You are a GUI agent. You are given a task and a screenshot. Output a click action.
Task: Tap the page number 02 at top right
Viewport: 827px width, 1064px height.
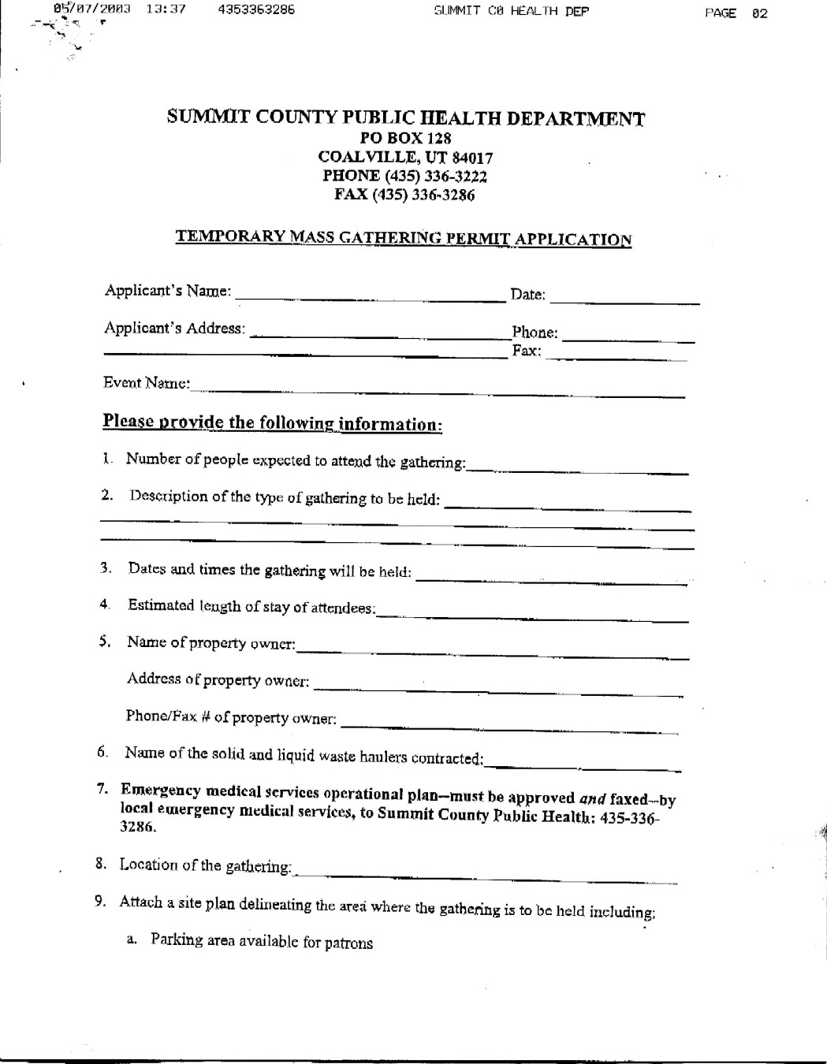click(759, 13)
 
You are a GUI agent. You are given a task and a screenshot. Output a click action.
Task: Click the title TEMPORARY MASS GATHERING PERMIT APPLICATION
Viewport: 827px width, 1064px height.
click(403, 238)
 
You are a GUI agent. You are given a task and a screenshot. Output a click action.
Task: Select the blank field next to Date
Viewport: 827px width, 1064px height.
click(624, 299)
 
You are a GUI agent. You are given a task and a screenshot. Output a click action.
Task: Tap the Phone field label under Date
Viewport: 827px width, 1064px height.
click(535, 333)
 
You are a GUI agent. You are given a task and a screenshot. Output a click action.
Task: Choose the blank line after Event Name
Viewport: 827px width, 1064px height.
click(438, 389)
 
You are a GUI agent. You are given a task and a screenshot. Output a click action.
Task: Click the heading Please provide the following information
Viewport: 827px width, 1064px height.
click(272, 423)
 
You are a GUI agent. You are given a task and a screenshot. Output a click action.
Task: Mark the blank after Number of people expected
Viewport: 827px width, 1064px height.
click(577, 470)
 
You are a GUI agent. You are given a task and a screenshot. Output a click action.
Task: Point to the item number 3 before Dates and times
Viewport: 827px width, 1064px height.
click(105, 567)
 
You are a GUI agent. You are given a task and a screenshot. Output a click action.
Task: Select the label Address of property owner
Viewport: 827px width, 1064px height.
click(218, 679)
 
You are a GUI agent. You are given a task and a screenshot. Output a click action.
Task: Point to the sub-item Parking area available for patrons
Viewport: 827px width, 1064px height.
click(262, 941)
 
